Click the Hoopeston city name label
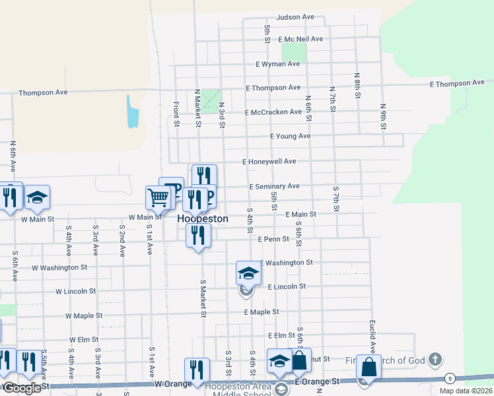point(203,218)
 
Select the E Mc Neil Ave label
point(300,40)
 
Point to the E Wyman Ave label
point(278,64)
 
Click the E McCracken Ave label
point(273,112)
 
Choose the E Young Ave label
point(291,136)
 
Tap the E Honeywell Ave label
point(269,161)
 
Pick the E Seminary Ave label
point(275,186)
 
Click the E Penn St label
point(273,239)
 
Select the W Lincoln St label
point(76,291)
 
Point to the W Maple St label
point(83,316)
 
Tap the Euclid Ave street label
point(372,337)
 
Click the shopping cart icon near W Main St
point(158,197)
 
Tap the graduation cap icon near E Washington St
point(248,272)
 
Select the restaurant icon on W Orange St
point(197,369)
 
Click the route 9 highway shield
point(450,378)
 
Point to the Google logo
point(22,389)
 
